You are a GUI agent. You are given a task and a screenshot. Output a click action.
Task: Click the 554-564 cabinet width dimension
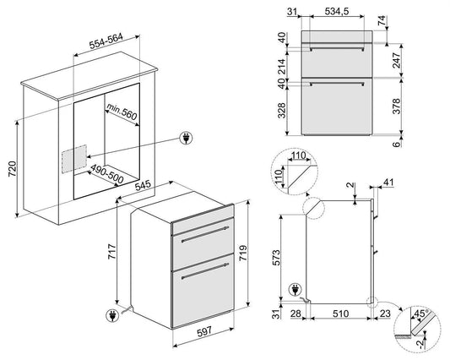106,41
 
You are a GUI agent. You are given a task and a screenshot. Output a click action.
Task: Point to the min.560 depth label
122,112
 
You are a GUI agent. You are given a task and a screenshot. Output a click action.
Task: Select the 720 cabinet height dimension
13,169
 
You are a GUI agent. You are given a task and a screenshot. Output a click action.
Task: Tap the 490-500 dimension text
107,174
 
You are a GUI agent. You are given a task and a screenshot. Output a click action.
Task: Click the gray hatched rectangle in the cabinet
74,159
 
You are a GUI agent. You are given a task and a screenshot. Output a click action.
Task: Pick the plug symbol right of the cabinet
187,139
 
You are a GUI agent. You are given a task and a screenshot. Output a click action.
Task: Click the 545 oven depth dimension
143,186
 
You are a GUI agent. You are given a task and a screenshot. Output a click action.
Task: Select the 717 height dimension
112,252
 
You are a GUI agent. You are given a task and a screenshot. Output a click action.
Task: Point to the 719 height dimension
243,253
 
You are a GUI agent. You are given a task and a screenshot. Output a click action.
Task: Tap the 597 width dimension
204,331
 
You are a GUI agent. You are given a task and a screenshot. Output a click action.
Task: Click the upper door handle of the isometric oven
205,234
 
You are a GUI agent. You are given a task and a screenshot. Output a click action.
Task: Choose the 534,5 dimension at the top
337,11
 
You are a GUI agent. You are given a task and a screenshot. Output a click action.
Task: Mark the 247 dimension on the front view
396,60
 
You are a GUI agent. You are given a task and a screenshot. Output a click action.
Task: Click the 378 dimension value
396,106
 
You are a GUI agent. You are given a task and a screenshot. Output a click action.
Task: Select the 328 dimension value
282,111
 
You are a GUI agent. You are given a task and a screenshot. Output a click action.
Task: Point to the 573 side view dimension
275,258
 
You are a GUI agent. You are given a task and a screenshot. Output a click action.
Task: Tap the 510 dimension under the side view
340,314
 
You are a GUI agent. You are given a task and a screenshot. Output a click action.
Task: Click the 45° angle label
420,314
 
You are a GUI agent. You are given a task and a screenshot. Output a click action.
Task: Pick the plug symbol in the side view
295,289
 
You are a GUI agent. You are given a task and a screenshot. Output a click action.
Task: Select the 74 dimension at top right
382,20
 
